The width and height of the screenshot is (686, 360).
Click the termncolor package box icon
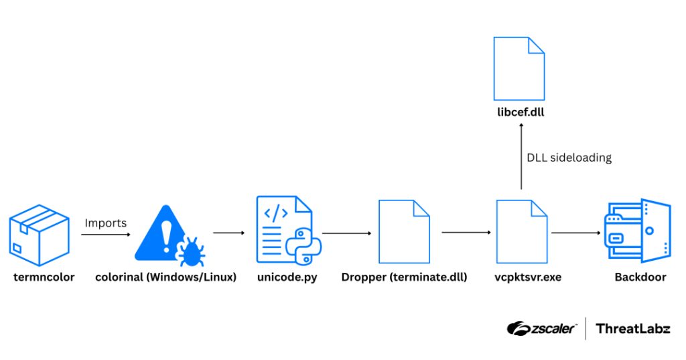pos(39,235)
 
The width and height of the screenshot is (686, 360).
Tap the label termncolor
pos(44,277)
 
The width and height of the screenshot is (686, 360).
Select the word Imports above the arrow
pos(105,223)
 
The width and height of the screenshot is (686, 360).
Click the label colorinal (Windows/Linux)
pos(165,277)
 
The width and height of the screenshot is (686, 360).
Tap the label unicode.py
pos(287,277)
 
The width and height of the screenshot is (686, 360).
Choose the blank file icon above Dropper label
pos(404,231)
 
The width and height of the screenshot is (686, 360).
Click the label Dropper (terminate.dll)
pos(404,277)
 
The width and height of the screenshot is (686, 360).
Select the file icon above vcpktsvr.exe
pos(521,231)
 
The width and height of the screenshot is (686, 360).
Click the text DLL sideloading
pos(569,158)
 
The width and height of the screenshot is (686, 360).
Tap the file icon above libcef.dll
pos(519,68)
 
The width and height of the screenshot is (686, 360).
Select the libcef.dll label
pos(519,112)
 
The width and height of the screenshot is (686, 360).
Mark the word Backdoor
pos(640,277)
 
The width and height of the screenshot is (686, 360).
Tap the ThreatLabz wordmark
pos(633,328)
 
